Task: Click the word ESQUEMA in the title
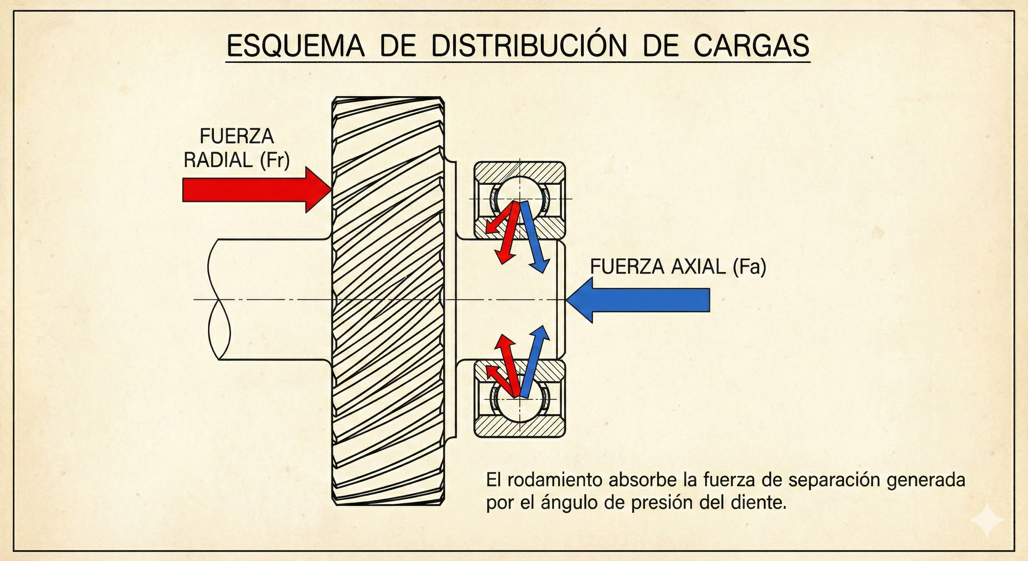[295, 46]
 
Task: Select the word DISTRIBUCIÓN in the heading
[529, 46]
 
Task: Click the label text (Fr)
[275, 160]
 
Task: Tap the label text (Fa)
[749, 267]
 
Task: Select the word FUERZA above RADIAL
[237, 137]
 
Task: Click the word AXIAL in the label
[698, 267]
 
